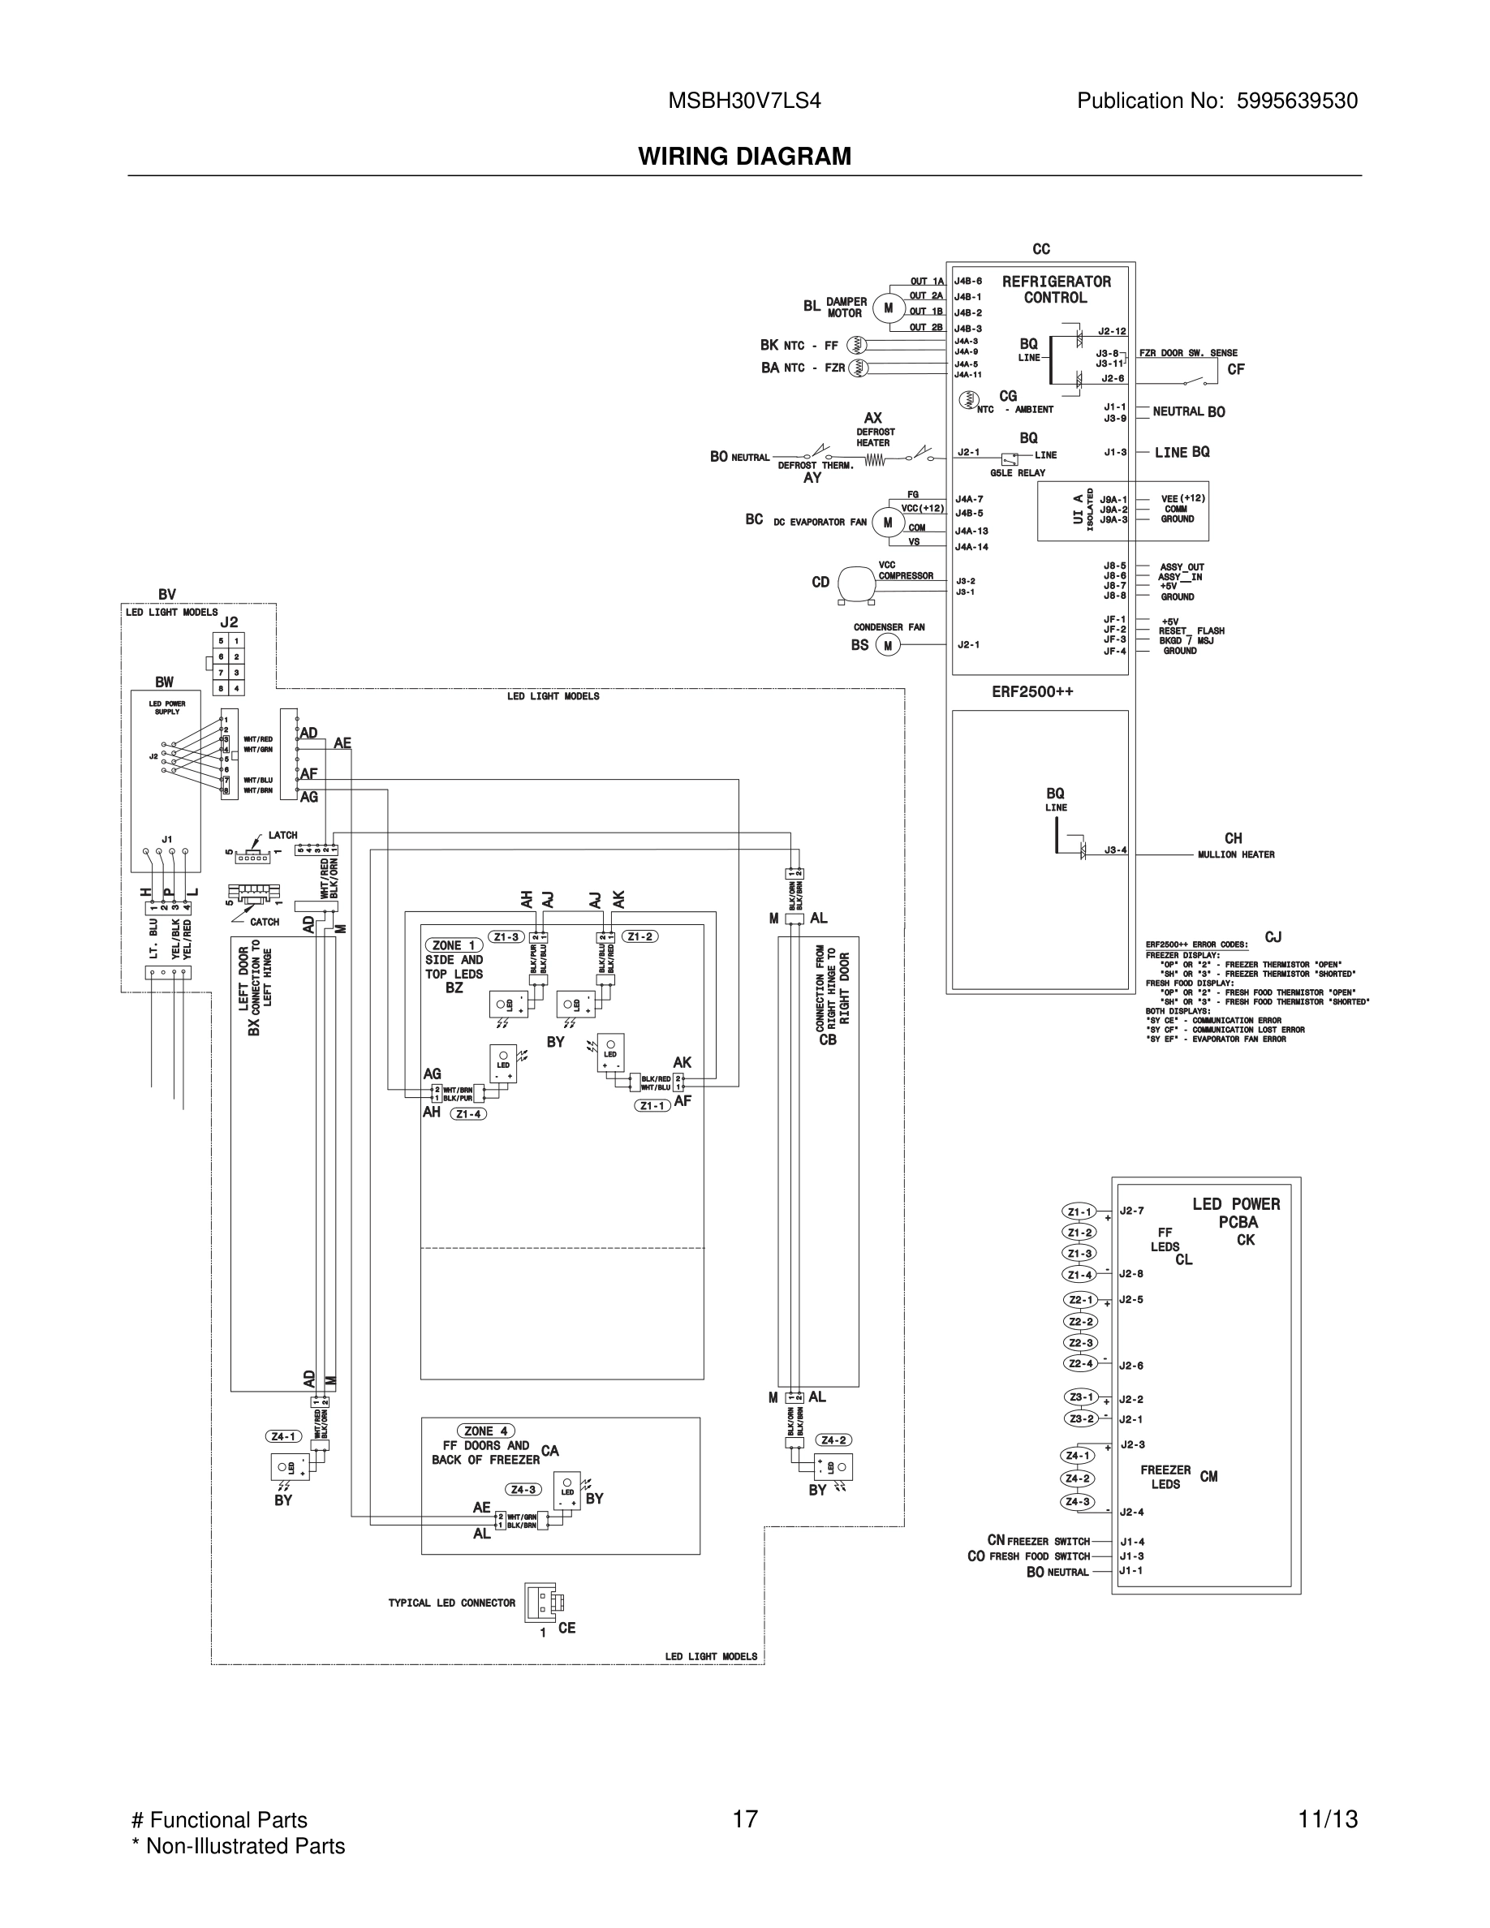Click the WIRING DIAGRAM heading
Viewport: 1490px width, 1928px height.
[x=744, y=157]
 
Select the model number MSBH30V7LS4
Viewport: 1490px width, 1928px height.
[x=744, y=101]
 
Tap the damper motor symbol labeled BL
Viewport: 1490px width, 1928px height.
[x=888, y=308]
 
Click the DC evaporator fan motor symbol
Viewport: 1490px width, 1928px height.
[x=887, y=523]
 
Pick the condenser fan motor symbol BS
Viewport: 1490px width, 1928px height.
[x=887, y=645]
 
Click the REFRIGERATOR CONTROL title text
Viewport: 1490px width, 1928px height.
[x=1056, y=290]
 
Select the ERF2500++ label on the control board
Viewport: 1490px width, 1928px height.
[x=1031, y=691]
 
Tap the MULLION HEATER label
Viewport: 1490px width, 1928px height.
[x=1236, y=854]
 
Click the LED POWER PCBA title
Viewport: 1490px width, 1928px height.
[x=1236, y=1213]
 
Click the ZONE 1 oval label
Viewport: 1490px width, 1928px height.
[x=454, y=945]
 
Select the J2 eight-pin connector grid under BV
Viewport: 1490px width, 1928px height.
[x=229, y=664]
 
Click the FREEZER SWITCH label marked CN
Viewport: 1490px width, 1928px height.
[x=1048, y=1541]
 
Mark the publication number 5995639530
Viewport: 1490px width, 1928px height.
[x=1297, y=101]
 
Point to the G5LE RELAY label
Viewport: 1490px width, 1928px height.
[x=1017, y=473]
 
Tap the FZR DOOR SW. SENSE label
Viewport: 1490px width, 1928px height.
[x=1187, y=353]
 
